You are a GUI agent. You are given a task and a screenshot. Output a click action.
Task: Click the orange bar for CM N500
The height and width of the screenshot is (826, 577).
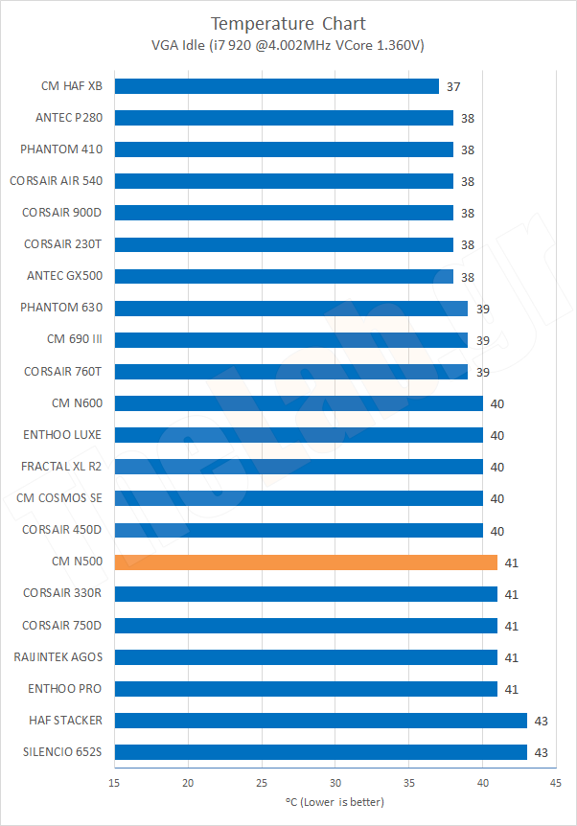(306, 562)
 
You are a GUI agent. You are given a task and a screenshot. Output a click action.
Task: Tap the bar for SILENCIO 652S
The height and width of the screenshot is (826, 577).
(320, 752)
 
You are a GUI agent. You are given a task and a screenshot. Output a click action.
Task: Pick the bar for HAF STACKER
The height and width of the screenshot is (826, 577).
(320, 721)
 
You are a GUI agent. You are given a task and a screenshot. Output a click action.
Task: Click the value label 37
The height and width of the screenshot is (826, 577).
(453, 86)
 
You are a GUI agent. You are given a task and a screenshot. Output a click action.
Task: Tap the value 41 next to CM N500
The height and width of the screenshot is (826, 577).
(511, 562)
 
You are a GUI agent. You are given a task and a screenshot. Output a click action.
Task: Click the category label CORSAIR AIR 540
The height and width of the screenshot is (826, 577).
(56, 181)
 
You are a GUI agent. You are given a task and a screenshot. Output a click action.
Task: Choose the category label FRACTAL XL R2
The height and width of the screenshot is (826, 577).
(61, 467)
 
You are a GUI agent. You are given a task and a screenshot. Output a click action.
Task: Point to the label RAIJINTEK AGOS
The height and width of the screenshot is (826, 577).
(58, 657)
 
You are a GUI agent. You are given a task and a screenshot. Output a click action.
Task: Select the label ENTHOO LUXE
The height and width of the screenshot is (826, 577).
(62, 435)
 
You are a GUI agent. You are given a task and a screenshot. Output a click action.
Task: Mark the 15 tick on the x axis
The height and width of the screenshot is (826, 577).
(115, 783)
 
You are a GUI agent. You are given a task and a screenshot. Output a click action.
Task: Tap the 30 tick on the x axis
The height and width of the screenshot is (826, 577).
(335, 783)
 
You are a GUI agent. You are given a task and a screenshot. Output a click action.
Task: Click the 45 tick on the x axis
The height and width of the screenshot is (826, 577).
(555, 783)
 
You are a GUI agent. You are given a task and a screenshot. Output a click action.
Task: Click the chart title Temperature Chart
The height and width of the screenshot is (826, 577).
(288, 23)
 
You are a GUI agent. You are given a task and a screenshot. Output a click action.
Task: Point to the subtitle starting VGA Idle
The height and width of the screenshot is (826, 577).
(288, 44)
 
